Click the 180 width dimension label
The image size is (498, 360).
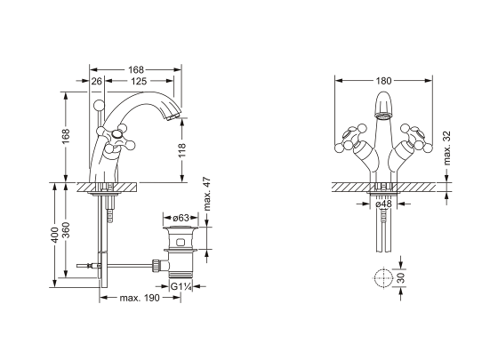[383, 81]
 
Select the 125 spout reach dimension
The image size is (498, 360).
[139, 81]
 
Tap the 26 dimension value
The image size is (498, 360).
[97, 81]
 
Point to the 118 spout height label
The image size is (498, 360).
[181, 150]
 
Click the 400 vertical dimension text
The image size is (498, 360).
[54, 235]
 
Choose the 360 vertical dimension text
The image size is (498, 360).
[66, 230]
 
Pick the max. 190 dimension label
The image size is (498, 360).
[140, 298]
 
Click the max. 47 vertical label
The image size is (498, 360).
[206, 194]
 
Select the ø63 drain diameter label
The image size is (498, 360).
[181, 218]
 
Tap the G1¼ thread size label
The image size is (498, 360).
[181, 286]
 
